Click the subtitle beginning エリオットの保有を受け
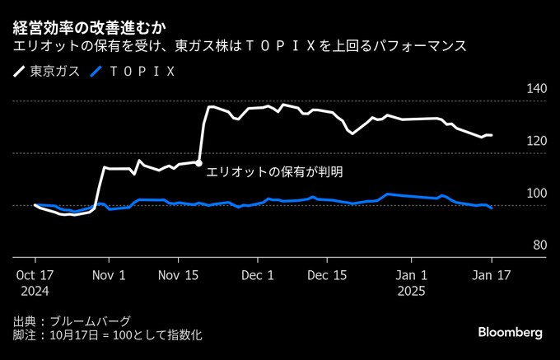tap(240, 46)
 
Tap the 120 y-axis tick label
tap(536, 142)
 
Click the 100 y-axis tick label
tap(536, 193)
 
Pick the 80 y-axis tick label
tap(539, 245)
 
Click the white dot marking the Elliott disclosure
tap(199, 163)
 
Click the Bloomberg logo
tap(511, 332)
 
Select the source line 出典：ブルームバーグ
tap(72, 320)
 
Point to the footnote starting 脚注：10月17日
tap(107, 335)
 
